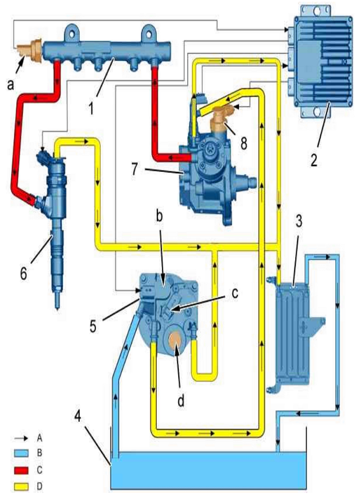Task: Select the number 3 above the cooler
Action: click(x=299, y=222)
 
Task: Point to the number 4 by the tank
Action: click(x=78, y=416)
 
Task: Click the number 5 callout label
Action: click(x=93, y=326)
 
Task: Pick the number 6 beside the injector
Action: click(x=24, y=273)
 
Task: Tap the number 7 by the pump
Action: click(x=135, y=169)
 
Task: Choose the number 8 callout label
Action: click(x=243, y=144)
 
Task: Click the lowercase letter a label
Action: click(x=11, y=84)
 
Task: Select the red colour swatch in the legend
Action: click(x=21, y=471)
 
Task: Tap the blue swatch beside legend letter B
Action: click(x=21, y=453)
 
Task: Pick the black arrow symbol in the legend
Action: click(x=21, y=439)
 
